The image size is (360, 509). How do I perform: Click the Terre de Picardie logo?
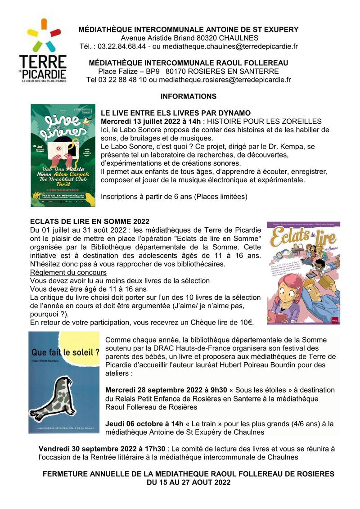tap(43, 50)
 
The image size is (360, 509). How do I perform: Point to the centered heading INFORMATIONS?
tap(188, 96)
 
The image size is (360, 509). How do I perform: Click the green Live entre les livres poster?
tap(63, 155)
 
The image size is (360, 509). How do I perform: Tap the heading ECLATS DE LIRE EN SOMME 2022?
tap(89, 221)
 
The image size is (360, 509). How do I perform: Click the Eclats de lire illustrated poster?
tap(303, 273)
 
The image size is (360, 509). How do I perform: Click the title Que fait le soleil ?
tap(65, 352)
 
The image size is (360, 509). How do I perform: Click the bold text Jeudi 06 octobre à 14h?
tap(144, 423)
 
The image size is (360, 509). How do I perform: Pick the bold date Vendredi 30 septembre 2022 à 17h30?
tap(102, 449)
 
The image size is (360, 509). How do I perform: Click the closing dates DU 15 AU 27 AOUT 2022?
tap(188, 482)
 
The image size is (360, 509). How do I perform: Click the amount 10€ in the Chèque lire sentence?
tap(246, 322)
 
